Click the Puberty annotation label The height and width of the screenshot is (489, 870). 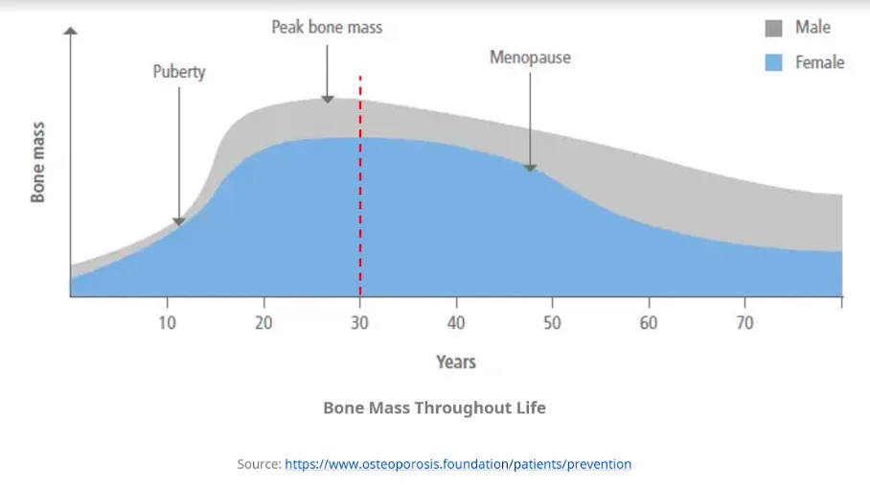(x=179, y=72)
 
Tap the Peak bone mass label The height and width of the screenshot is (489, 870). (x=327, y=27)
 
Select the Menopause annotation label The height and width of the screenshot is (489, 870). (x=530, y=58)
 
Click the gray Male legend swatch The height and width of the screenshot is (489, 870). (x=774, y=28)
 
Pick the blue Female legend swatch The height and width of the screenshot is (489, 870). (x=774, y=62)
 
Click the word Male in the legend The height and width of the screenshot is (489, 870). (x=813, y=28)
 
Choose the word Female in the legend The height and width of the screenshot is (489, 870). (x=819, y=62)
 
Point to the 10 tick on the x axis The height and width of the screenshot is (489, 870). (x=167, y=323)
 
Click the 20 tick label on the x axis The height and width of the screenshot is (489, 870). (x=263, y=323)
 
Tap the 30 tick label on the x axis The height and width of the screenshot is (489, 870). (x=360, y=323)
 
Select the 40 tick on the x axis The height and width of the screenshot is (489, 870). (x=456, y=323)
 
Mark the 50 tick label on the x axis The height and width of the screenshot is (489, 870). (x=552, y=323)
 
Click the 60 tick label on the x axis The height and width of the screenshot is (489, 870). (x=649, y=323)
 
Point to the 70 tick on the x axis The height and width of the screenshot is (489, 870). (x=744, y=323)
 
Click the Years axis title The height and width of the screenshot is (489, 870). (x=456, y=361)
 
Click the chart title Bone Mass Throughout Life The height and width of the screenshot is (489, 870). (x=434, y=407)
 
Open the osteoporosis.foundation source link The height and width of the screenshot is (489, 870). (x=458, y=464)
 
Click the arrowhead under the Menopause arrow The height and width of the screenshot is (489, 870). (x=530, y=168)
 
